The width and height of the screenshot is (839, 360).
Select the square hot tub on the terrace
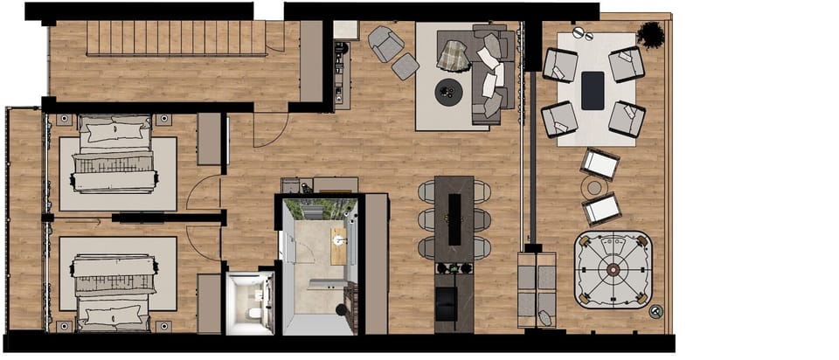[x=613, y=270]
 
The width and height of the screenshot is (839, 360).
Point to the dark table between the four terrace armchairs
[x=593, y=90]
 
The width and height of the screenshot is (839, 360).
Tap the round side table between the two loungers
[x=595, y=187]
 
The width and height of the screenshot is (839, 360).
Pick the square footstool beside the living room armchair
[x=405, y=66]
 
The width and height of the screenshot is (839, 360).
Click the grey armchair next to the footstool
[x=385, y=43]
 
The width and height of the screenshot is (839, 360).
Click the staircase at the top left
[x=175, y=39]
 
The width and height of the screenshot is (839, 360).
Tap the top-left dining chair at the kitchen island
[x=426, y=190]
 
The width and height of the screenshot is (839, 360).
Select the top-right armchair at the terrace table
[x=627, y=64]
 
